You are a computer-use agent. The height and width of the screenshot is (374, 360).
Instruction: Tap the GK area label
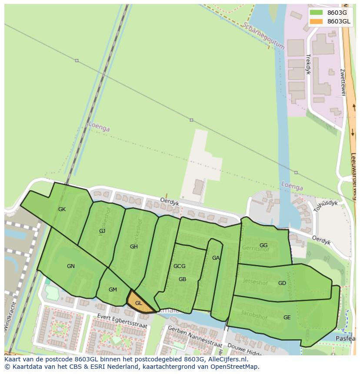coord(62,209)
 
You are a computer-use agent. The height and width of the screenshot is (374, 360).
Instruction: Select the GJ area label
coord(102,231)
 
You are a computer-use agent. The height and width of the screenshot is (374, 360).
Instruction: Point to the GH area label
coord(133,247)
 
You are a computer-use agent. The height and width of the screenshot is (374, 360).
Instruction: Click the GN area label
coord(71,266)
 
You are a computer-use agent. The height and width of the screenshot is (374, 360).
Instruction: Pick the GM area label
coord(113,290)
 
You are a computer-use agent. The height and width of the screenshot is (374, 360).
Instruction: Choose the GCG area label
coord(179,266)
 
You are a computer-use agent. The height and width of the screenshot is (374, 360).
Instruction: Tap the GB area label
coord(182,279)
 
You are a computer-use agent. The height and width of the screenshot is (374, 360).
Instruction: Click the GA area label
coord(216,258)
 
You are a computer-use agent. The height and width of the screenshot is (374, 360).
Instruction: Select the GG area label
coord(263,245)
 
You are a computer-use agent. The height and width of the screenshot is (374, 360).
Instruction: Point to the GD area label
coord(282,283)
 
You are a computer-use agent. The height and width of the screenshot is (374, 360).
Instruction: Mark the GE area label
coord(287,318)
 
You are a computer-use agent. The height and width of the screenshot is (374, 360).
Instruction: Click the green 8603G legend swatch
coord(316,13)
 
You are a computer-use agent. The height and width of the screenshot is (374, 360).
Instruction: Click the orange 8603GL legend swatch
coord(316,21)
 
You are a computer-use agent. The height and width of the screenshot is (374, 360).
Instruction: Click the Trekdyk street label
coord(308,64)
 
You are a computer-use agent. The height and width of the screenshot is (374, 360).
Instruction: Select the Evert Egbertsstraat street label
coord(122,321)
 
